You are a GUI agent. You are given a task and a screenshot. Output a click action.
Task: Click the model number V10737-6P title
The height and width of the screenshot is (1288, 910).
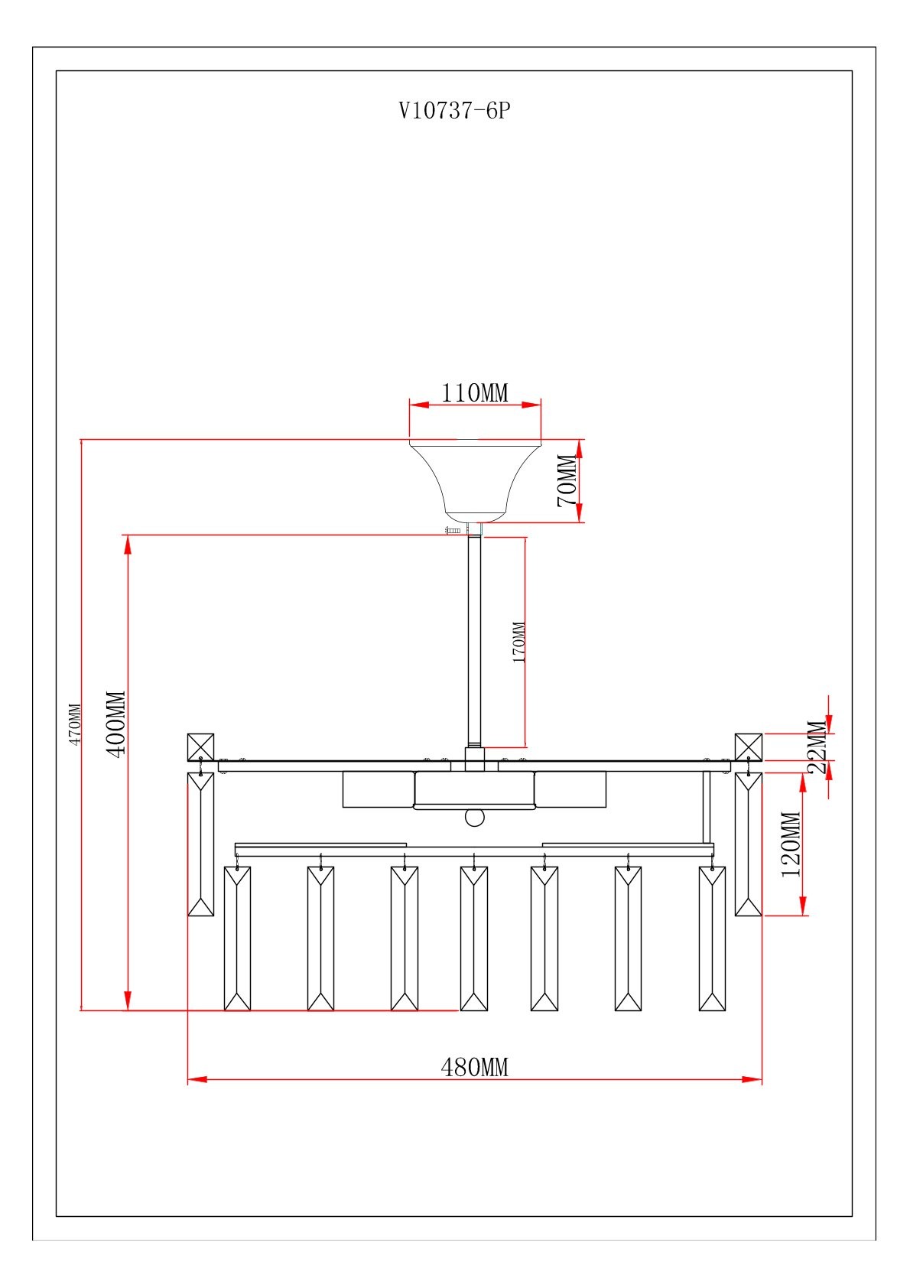[x=454, y=111]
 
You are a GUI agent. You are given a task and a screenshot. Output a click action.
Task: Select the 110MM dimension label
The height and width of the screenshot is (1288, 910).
[x=475, y=393]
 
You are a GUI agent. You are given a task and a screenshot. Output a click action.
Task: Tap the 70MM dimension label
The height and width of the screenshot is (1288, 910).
[x=567, y=480]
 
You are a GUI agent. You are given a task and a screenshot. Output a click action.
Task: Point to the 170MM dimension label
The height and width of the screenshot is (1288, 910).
[x=519, y=642]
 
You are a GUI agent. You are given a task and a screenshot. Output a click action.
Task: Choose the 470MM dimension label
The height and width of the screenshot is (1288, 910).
[x=74, y=724]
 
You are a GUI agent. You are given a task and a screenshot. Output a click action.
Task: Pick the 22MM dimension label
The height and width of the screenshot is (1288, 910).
[x=817, y=747]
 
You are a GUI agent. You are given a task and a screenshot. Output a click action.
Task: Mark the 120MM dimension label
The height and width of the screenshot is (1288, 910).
[x=791, y=844]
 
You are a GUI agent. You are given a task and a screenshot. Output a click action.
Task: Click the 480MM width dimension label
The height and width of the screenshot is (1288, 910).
[x=475, y=1067]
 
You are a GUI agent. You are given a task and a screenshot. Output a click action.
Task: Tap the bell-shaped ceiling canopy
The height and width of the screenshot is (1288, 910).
[x=475, y=478]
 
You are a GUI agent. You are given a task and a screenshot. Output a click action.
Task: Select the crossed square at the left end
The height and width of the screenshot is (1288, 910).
[x=200, y=746]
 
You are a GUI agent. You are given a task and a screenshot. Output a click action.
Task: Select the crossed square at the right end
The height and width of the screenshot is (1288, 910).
[x=749, y=746]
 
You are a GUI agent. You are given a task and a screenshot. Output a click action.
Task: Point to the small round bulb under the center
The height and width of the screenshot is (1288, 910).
[x=475, y=818]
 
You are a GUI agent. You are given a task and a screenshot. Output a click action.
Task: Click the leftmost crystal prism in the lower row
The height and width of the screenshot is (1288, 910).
[x=237, y=938]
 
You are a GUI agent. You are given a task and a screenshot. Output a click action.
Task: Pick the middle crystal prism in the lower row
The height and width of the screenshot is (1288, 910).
[x=474, y=938]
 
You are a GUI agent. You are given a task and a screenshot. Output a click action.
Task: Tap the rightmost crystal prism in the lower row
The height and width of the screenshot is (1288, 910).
[x=712, y=938]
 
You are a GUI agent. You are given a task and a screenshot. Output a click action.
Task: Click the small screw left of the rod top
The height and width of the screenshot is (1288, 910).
[x=453, y=530]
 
